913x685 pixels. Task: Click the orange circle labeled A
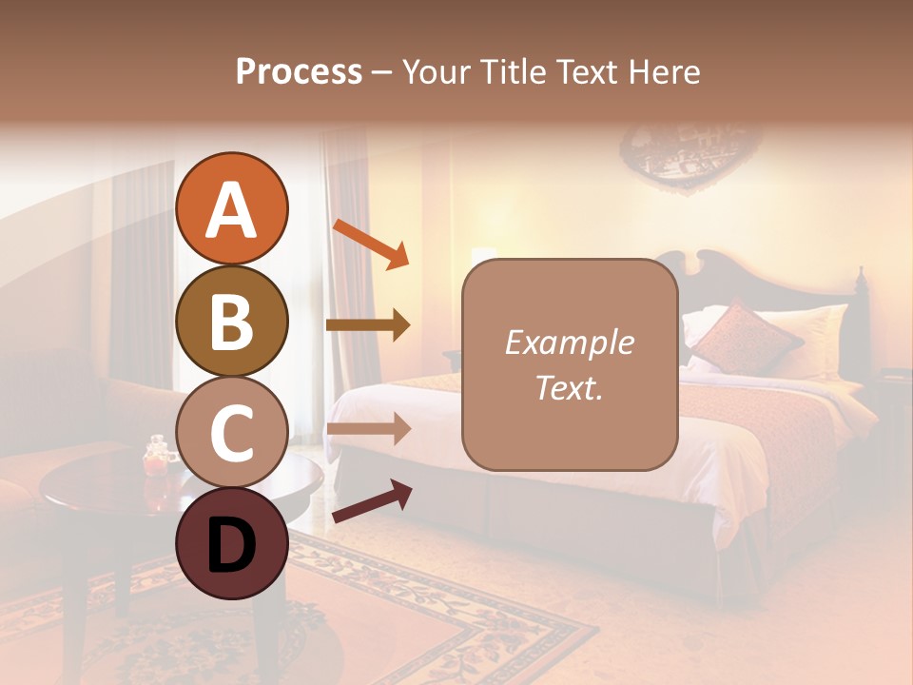pyautogui.click(x=231, y=208)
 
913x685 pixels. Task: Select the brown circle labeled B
pyautogui.click(x=231, y=321)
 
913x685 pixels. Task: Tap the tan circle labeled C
pyautogui.click(x=231, y=433)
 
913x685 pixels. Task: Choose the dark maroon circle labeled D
pyautogui.click(x=231, y=544)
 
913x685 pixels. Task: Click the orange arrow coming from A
pyautogui.click(x=370, y=244)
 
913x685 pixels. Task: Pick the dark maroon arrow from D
pyautogui.click(x=371, y=502)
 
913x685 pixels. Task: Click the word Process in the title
pyautogui.click(x=299, y=71)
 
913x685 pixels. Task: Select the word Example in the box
pyautogui.click(x=569, y=342)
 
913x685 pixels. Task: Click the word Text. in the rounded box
pyautogui.click(x=569, y=387)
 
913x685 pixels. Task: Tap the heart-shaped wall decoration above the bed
pyautogui.click(x=682, y=157)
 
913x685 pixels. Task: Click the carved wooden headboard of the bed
pyautogui.click(x=723, y=276)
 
